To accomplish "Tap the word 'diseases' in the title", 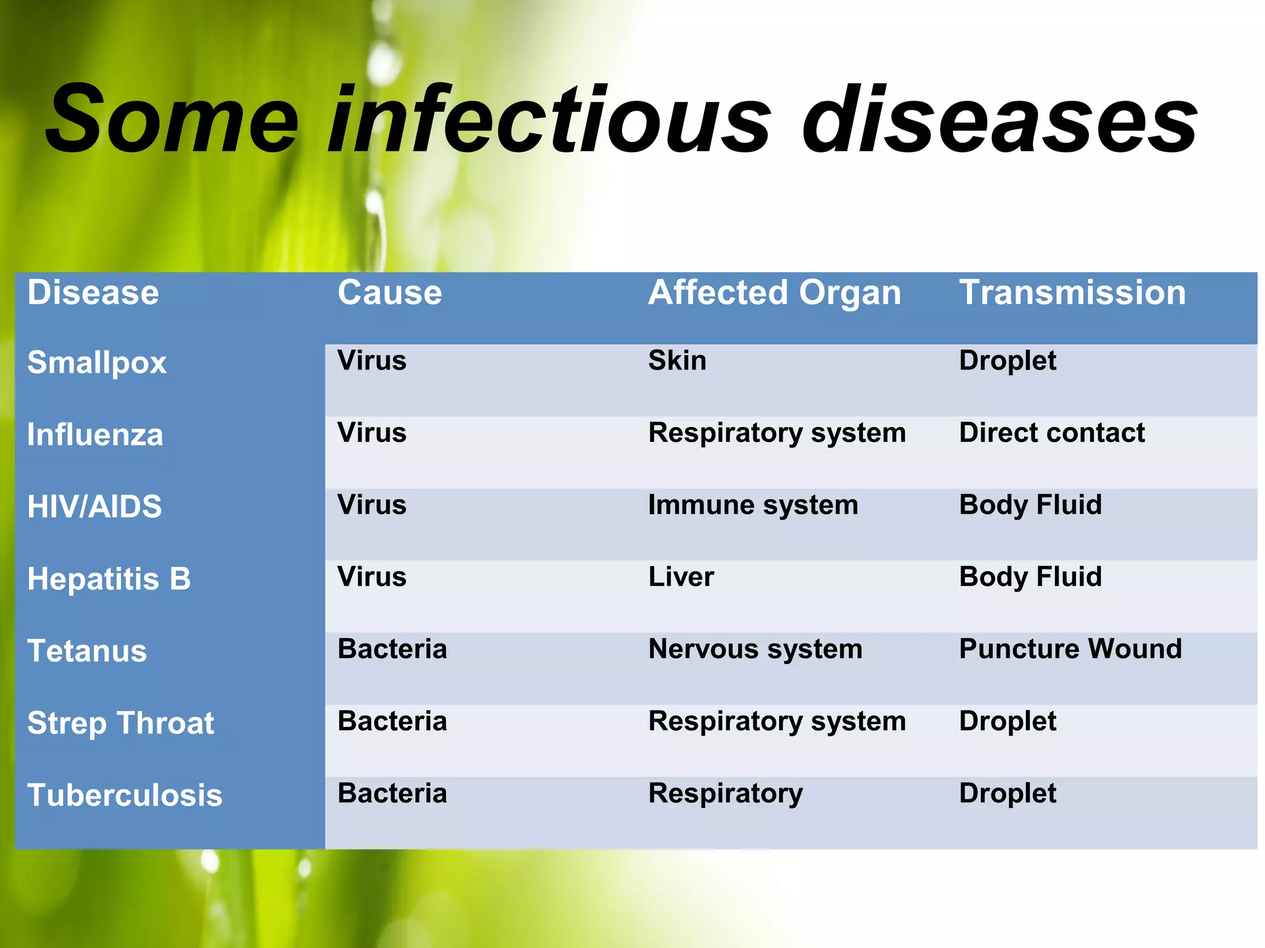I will coord(999,120).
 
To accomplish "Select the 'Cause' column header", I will coord(390,293).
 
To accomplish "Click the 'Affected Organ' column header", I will coord(775,293).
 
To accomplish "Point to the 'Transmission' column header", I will coord(1072,293).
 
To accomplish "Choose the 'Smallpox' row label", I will coord(97,363).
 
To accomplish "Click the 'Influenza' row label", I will coord(95,435).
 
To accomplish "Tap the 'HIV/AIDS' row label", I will coord(95,507).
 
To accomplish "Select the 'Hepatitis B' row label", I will coord(109,579).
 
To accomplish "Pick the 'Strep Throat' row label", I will coord(120,723).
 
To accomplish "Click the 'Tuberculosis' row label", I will coord(125,795).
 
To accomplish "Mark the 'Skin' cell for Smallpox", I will coord(677,360).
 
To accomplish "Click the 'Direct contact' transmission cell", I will coord(1051,433).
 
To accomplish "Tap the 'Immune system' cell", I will coord(753,505).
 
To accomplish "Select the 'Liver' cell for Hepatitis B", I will coord(681,577).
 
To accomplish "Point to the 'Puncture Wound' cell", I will coord(1070,649).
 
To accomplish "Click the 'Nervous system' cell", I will coord(755,649).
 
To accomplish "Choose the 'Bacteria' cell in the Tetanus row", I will coord(392,649).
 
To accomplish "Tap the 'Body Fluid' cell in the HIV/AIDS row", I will coord(1030,505).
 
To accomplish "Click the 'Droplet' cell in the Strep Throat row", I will coord(1007,721).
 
